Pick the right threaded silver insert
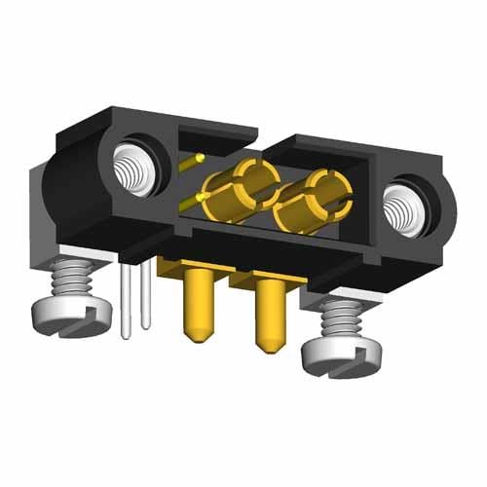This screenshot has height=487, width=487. (x=404, y=208)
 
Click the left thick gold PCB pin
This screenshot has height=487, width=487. (x=197, y=303)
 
